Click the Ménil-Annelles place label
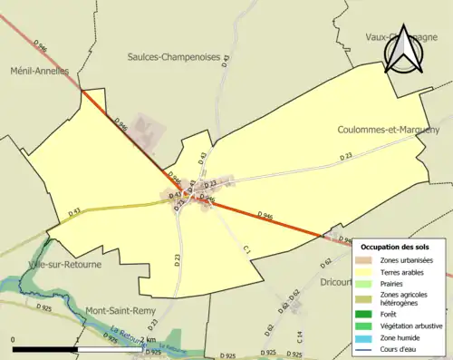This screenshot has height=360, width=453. coord(38,71)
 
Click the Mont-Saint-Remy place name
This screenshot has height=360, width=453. coord(120,310)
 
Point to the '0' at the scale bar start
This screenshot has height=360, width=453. coord(14,339)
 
